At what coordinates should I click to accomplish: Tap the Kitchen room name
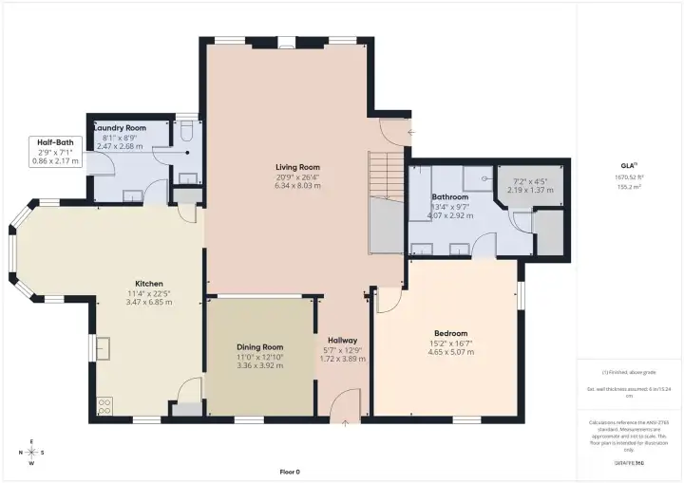click(149, 284)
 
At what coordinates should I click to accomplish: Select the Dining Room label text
click(259, 347)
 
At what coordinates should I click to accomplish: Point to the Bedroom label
click(450, 333)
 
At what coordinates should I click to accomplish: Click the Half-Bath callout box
click(55, 152)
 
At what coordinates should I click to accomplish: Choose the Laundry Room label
click(121, 127)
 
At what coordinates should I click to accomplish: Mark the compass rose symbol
click(30, 453)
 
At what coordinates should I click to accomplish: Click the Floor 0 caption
click(290, 472)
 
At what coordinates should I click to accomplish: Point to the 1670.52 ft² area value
click(630, 177)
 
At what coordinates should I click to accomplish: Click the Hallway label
click(342, 340)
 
